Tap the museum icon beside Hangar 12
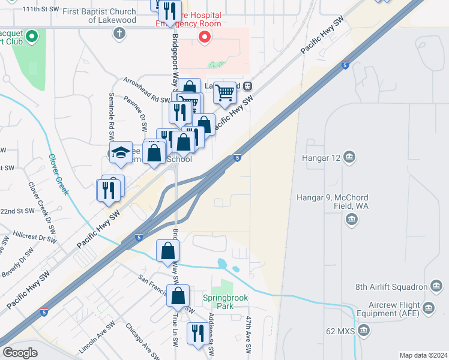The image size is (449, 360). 350,158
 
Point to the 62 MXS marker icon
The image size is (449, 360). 364,330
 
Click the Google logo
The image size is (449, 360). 20,353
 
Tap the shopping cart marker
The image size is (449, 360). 224,93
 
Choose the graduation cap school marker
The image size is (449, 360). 120,152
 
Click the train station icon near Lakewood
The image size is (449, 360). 247,86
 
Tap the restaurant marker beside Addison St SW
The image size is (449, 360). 196,332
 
